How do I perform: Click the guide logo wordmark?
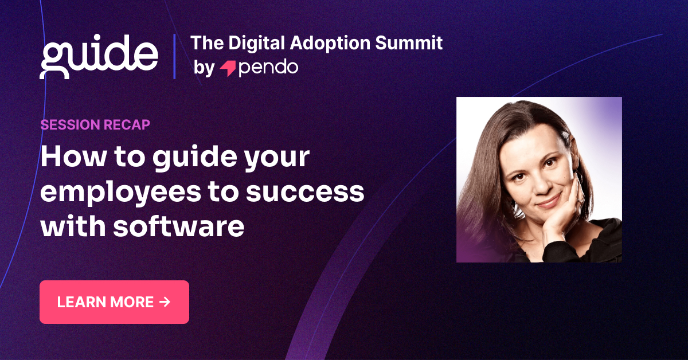coord(99,56)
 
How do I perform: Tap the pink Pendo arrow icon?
coord(228,68)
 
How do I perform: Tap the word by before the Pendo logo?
coord(203,68)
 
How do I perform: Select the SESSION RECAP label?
coord(95,124)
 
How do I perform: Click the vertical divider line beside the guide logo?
coord(174,56)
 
